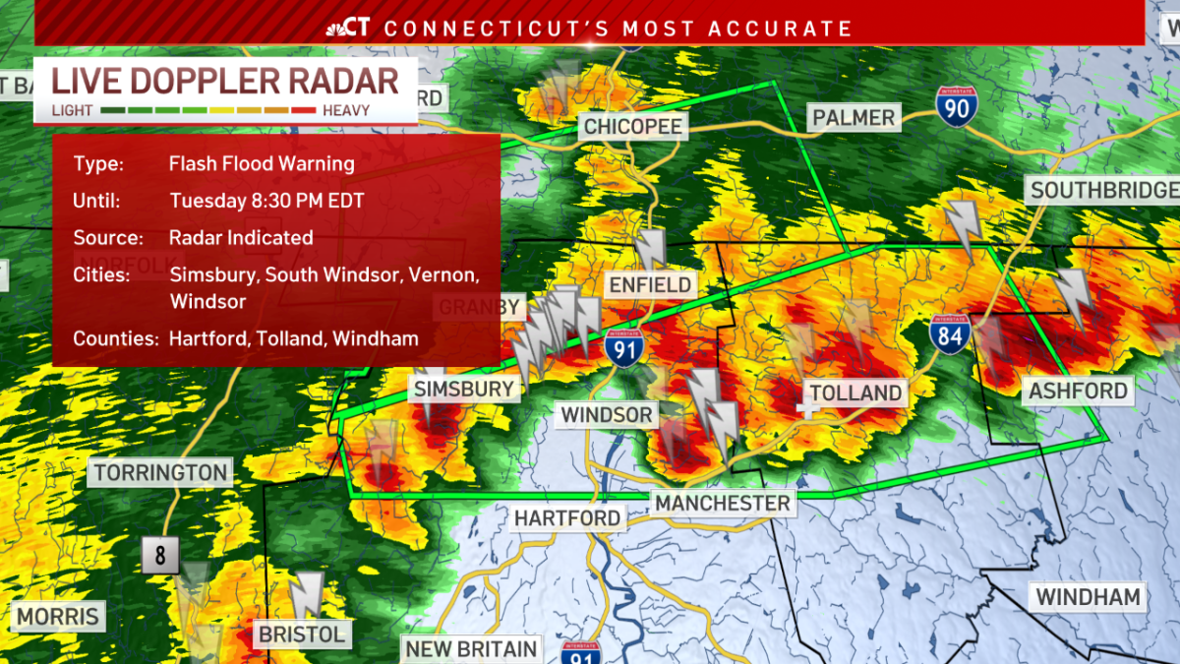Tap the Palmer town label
854,118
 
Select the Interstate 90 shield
956,105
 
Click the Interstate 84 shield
951,334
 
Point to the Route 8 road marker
160,556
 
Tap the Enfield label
650,286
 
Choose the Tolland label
855,393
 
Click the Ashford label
1078,392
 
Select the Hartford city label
567,517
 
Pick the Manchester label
723,504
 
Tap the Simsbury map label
464,389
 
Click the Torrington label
161,473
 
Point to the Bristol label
302,634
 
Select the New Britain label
472,649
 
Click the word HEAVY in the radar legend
346,110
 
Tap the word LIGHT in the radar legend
72,110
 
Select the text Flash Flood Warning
262,164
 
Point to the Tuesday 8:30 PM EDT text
266,201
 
